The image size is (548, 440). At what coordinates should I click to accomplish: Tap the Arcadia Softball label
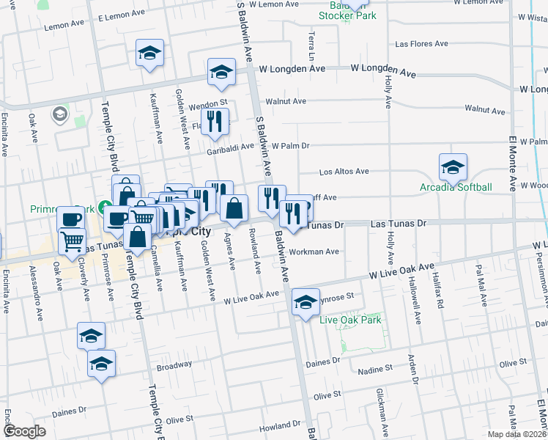[x=456, y=187]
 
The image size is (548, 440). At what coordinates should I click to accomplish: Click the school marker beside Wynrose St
[x=305, y=301]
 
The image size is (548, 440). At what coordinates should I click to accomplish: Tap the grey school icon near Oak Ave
[x=59, y=115]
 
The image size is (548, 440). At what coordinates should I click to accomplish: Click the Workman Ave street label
[x=314, y=252]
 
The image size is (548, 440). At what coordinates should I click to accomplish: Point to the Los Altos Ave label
[x=344, y=172]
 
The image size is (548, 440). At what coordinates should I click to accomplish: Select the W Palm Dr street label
[x=291, y=146]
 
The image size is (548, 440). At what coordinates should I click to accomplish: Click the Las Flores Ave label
[x=421, y=44]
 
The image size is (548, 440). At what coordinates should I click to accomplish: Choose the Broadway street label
[x=174, y=365]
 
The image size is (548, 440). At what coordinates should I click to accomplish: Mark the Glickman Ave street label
[x=379, y=411]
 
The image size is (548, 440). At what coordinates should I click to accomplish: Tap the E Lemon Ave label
[x=118, y=16]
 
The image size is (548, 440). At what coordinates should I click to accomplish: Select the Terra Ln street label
[x=312, y=45]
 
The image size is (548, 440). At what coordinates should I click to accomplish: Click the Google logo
[x=25, y=430]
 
